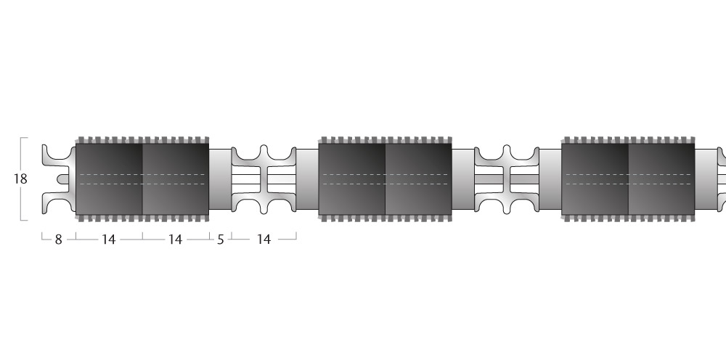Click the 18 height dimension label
click(x=20, y=179)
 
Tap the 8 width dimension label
click(x=58, y=240)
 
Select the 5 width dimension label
click(x=221, y=240)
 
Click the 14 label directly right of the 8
click(x=108, y=240)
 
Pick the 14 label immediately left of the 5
click(x=175, y=240)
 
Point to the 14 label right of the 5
click(x=264, y=240)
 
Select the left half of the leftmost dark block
click(x=110, y=179)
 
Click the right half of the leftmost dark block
click(x=176, y=179)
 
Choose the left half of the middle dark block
click(x=352, y=179)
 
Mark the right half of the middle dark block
click(x=419, y=179)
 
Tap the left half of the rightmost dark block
click(x=595, y=179)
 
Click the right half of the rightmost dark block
click(x=661, y=179)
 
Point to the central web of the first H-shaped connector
click(x=264, y=179)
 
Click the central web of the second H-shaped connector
click(x=507, y=179)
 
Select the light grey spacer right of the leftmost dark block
click(x=221, y=179)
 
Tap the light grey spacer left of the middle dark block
click(x=307, y=179)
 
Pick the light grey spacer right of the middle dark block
click(x=463, y=179)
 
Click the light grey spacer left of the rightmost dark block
click(x=550, y=179)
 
